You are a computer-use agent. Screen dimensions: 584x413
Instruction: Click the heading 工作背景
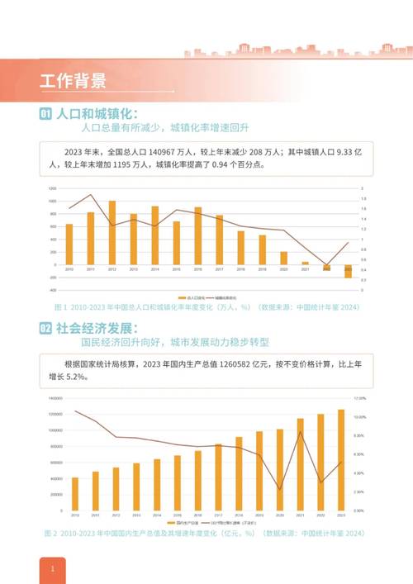pyautogui.click(x=73, y=81)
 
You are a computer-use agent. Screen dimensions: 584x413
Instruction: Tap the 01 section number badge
pyautogui.click(x=46, y=114)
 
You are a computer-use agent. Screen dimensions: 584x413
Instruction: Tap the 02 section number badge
pyautogui.click(x=46, y=328)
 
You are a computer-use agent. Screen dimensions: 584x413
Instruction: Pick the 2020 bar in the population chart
pyautogui.click(x=283, y=258)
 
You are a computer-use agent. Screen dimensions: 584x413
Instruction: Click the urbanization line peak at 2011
pyautogui.click(x=90, y=195)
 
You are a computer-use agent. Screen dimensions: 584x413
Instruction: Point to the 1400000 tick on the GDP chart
pyautogui.click(x=55, y=397)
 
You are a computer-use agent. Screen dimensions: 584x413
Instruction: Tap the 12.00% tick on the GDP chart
pyautogui.click(x=360, y=397)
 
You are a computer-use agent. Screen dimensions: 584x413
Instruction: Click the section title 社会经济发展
pyautogui.click(x=92, y=328)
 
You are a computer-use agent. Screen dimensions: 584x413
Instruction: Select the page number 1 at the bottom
pyautogui.click(x=52, y=569)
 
